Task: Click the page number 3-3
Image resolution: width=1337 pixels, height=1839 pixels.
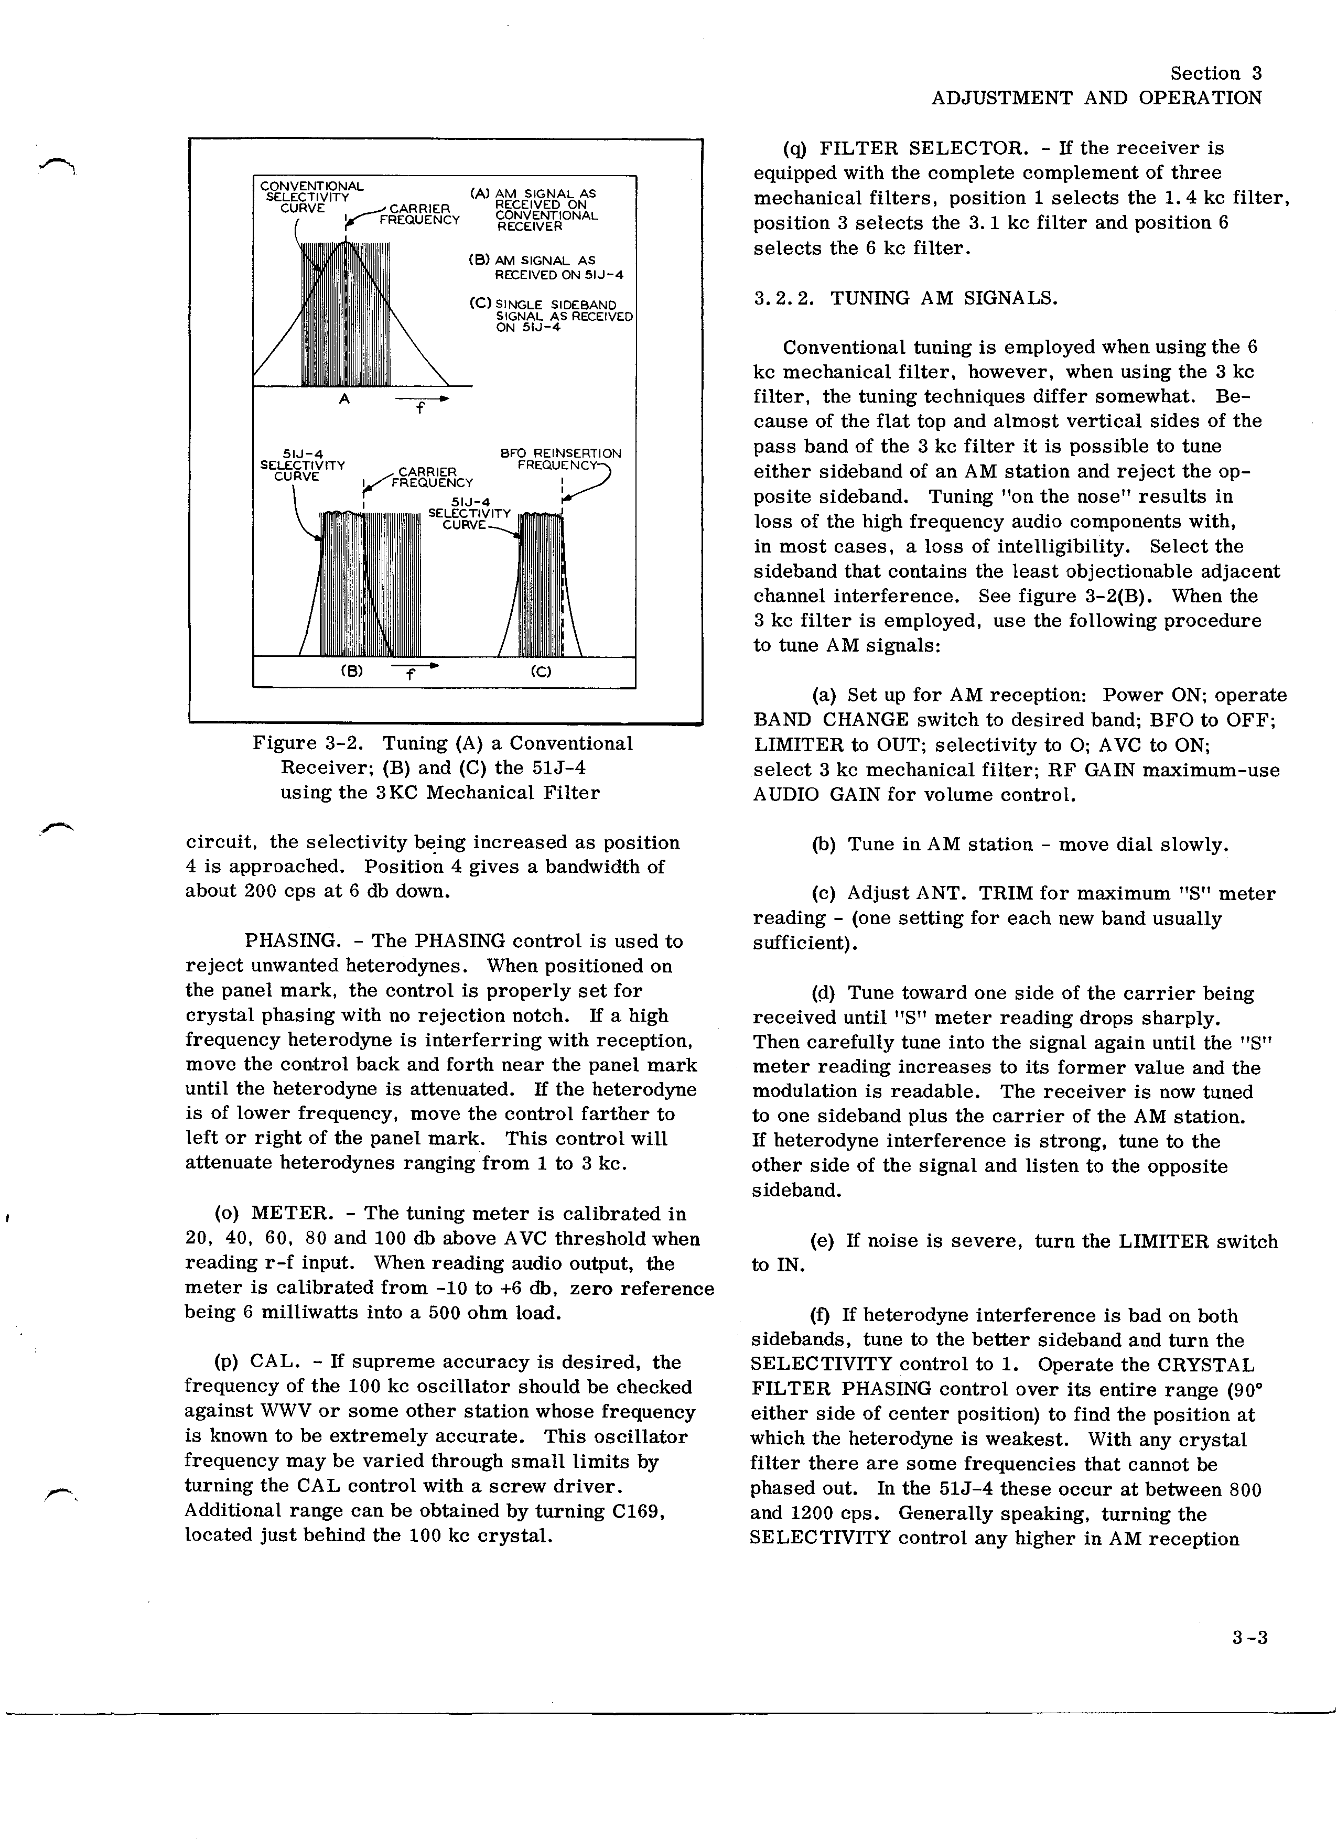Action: tap(1248, 1638)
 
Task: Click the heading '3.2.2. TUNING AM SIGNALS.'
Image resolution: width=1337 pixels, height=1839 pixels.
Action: tap(905, 298)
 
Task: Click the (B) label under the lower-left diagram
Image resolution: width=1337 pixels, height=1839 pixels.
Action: tap(351, 672)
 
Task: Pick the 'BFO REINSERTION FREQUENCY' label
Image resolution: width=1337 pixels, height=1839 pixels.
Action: tap(561, 459)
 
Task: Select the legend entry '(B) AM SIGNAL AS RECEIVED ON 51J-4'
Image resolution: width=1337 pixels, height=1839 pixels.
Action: tap(545, 267)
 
